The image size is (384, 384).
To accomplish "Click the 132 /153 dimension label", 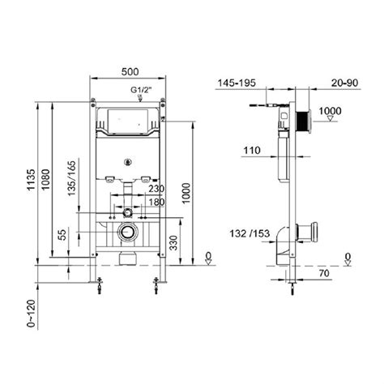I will tap(251, 234).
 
